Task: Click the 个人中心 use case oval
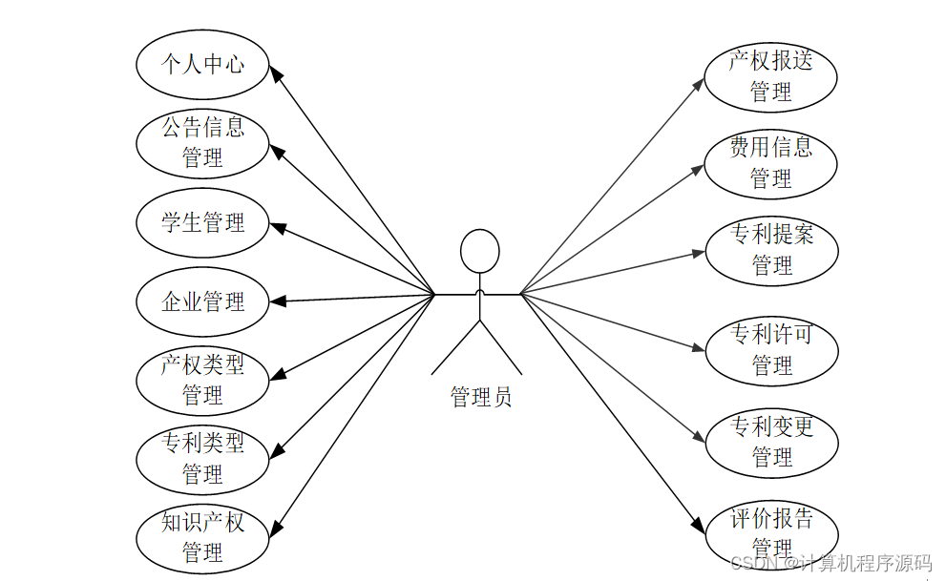(202, 65)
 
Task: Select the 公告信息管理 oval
(202, 142)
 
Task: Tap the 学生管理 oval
(202, 223)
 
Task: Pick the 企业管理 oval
(202, 302)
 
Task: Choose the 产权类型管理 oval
(202, 379)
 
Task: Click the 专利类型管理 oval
(202, 458)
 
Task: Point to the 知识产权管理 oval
(202, 537)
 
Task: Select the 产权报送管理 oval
(770, 76)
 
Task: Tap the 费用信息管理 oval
(770, 163)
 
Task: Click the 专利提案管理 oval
(771, 250)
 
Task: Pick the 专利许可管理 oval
(771, 350)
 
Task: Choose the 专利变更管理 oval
(771, 442)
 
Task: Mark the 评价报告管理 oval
(771, 533)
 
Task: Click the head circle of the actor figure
(479, 251)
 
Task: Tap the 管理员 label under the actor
(481, 397)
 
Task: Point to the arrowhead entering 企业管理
(278, 301)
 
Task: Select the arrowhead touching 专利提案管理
(698, 254)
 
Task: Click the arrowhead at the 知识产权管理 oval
(278, 526)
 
